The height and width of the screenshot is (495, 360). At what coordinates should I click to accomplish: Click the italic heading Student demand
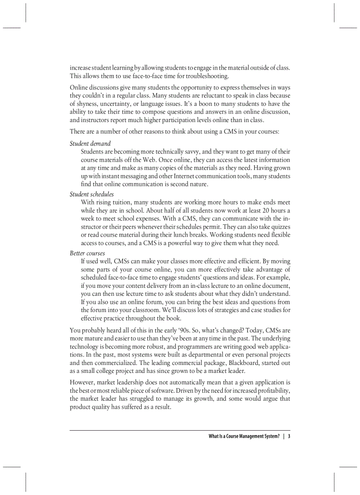[90, 143]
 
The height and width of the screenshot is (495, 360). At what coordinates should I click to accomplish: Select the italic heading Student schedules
[91, 194]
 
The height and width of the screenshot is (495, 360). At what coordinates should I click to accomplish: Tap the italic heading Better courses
[87, 253]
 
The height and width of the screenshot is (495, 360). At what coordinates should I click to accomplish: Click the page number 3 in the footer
[289, 436]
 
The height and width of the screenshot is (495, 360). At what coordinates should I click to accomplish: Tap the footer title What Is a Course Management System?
[244, 436]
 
